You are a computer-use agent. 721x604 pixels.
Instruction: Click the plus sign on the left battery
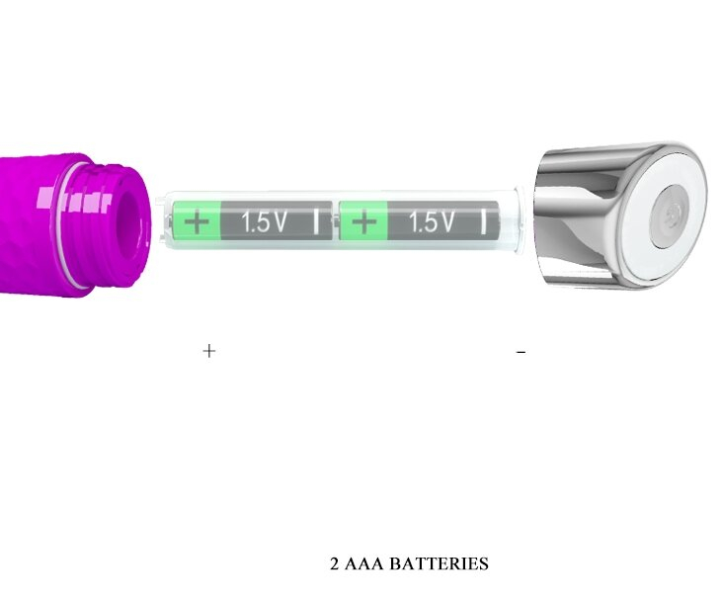coord(197,221)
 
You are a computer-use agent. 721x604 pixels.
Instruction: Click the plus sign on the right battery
coord(363,221)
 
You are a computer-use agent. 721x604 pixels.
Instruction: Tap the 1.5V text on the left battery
coord(264,221)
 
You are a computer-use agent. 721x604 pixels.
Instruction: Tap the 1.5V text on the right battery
coord(432,221)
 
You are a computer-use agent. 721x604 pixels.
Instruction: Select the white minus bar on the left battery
coord(316,221)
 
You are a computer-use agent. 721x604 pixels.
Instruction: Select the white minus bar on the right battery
coord(483,221)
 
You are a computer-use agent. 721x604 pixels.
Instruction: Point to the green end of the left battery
coord(197,221)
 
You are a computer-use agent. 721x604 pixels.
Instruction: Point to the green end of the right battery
coord(363,221)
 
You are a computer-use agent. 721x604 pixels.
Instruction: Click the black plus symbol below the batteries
coord(209,351)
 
